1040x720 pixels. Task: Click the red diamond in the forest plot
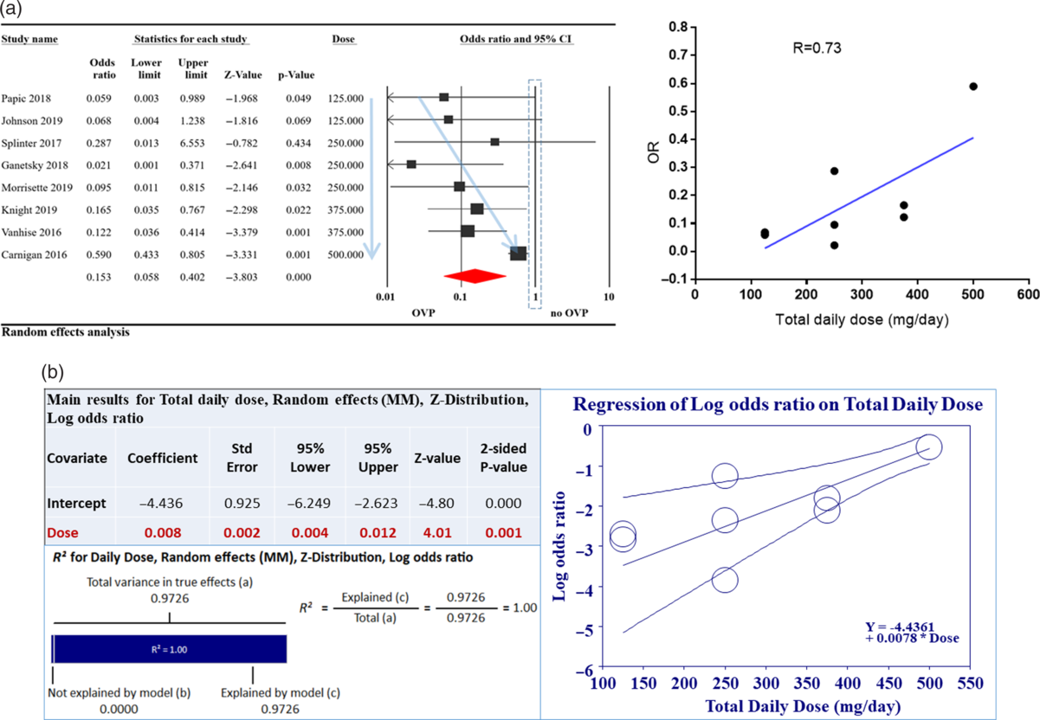474,275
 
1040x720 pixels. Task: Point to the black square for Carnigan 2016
518,254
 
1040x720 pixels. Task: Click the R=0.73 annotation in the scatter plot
817,48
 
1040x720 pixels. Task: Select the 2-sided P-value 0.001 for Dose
502,534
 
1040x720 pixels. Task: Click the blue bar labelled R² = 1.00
170,648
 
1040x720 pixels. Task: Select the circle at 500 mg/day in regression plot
928,447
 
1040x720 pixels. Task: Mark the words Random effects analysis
66,331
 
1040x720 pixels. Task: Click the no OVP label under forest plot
567,312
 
